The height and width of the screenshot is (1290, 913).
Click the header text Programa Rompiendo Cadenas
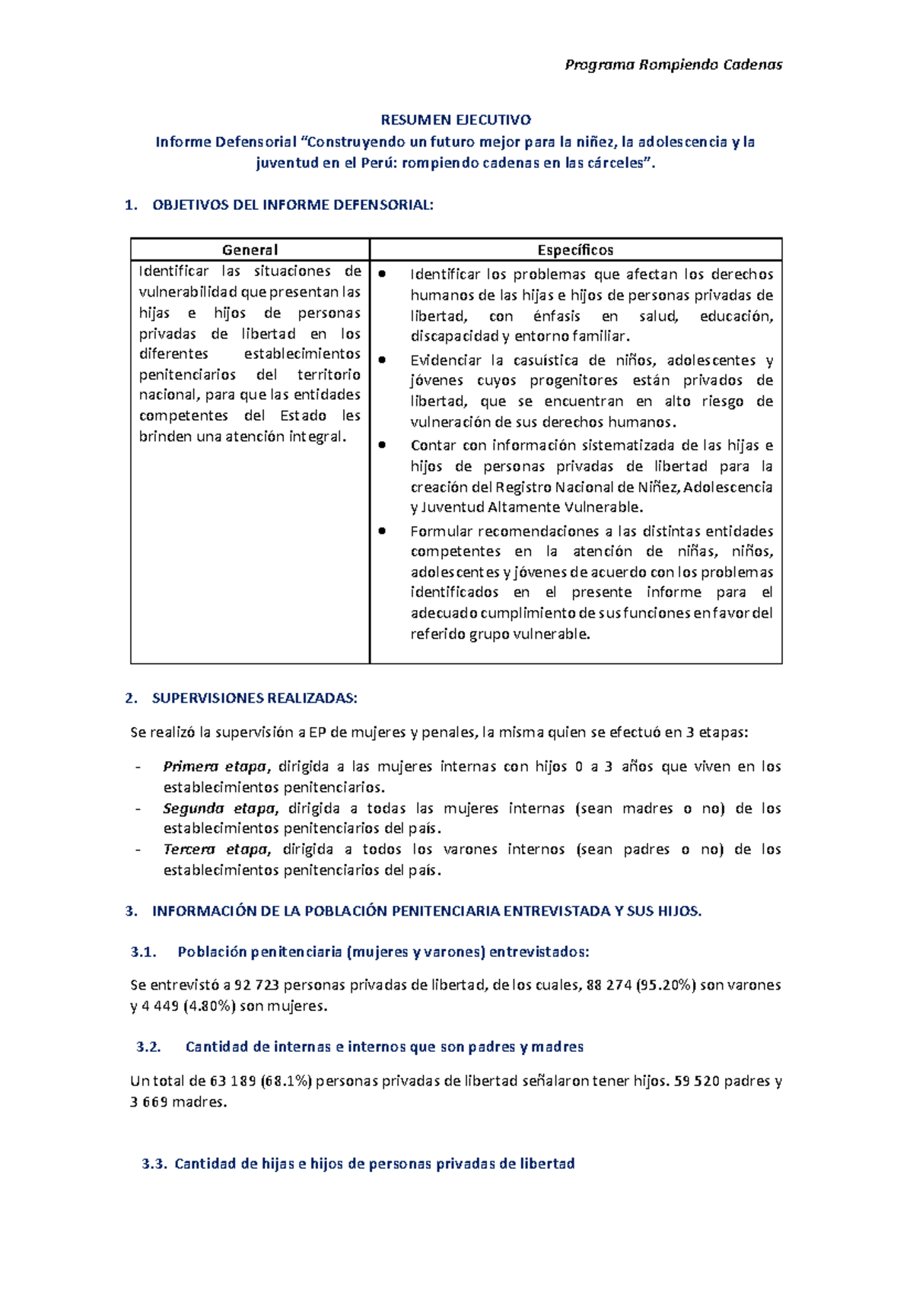(x=673, y=65)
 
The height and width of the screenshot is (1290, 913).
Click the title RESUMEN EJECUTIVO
(x=456, y=119)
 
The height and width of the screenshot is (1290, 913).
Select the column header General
(x=250, y=249)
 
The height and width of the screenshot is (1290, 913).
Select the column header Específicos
(x=575, y=249)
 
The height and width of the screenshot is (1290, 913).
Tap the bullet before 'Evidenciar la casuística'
(x=383, y=359)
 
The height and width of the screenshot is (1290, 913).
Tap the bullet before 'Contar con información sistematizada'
(x=383, y=444)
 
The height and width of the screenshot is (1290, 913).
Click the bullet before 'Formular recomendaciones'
(x=383, y=530)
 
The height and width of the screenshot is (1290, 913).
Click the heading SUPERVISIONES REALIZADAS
(x=254, y=698)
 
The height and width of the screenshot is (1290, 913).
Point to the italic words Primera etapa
(x=215, y=767)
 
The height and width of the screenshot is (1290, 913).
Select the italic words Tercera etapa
(x=216, y=850)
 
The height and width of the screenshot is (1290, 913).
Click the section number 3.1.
(x=143, y=952)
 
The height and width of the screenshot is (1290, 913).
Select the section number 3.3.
(x=154, y=1164)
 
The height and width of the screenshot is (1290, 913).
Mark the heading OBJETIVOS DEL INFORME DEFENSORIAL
(x=293, y=205)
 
